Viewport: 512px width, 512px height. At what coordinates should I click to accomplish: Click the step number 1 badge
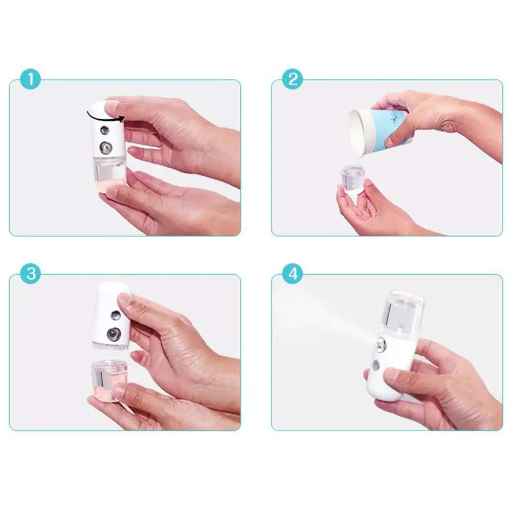(x=30, y=79)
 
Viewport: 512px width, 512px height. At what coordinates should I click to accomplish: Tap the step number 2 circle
(x=293, y=79)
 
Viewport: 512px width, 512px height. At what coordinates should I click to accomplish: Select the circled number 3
(x=30, y=274)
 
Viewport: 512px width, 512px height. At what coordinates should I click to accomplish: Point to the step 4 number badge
(x=293, y=274)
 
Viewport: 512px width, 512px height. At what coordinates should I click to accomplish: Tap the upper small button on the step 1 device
(x=104, y=130)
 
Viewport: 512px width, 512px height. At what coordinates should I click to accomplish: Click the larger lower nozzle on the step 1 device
(x=105, y=148)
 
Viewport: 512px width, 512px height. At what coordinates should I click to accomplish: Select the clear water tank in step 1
(x=109, y=173)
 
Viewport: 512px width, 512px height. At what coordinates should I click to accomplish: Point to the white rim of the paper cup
(x=357, y=132)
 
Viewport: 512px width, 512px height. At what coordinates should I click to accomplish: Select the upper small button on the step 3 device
(x=116, y=316)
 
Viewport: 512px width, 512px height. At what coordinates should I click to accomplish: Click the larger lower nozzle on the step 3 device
(x=114, y=334)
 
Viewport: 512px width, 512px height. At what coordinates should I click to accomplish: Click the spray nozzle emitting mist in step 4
(x=381, y=345)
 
